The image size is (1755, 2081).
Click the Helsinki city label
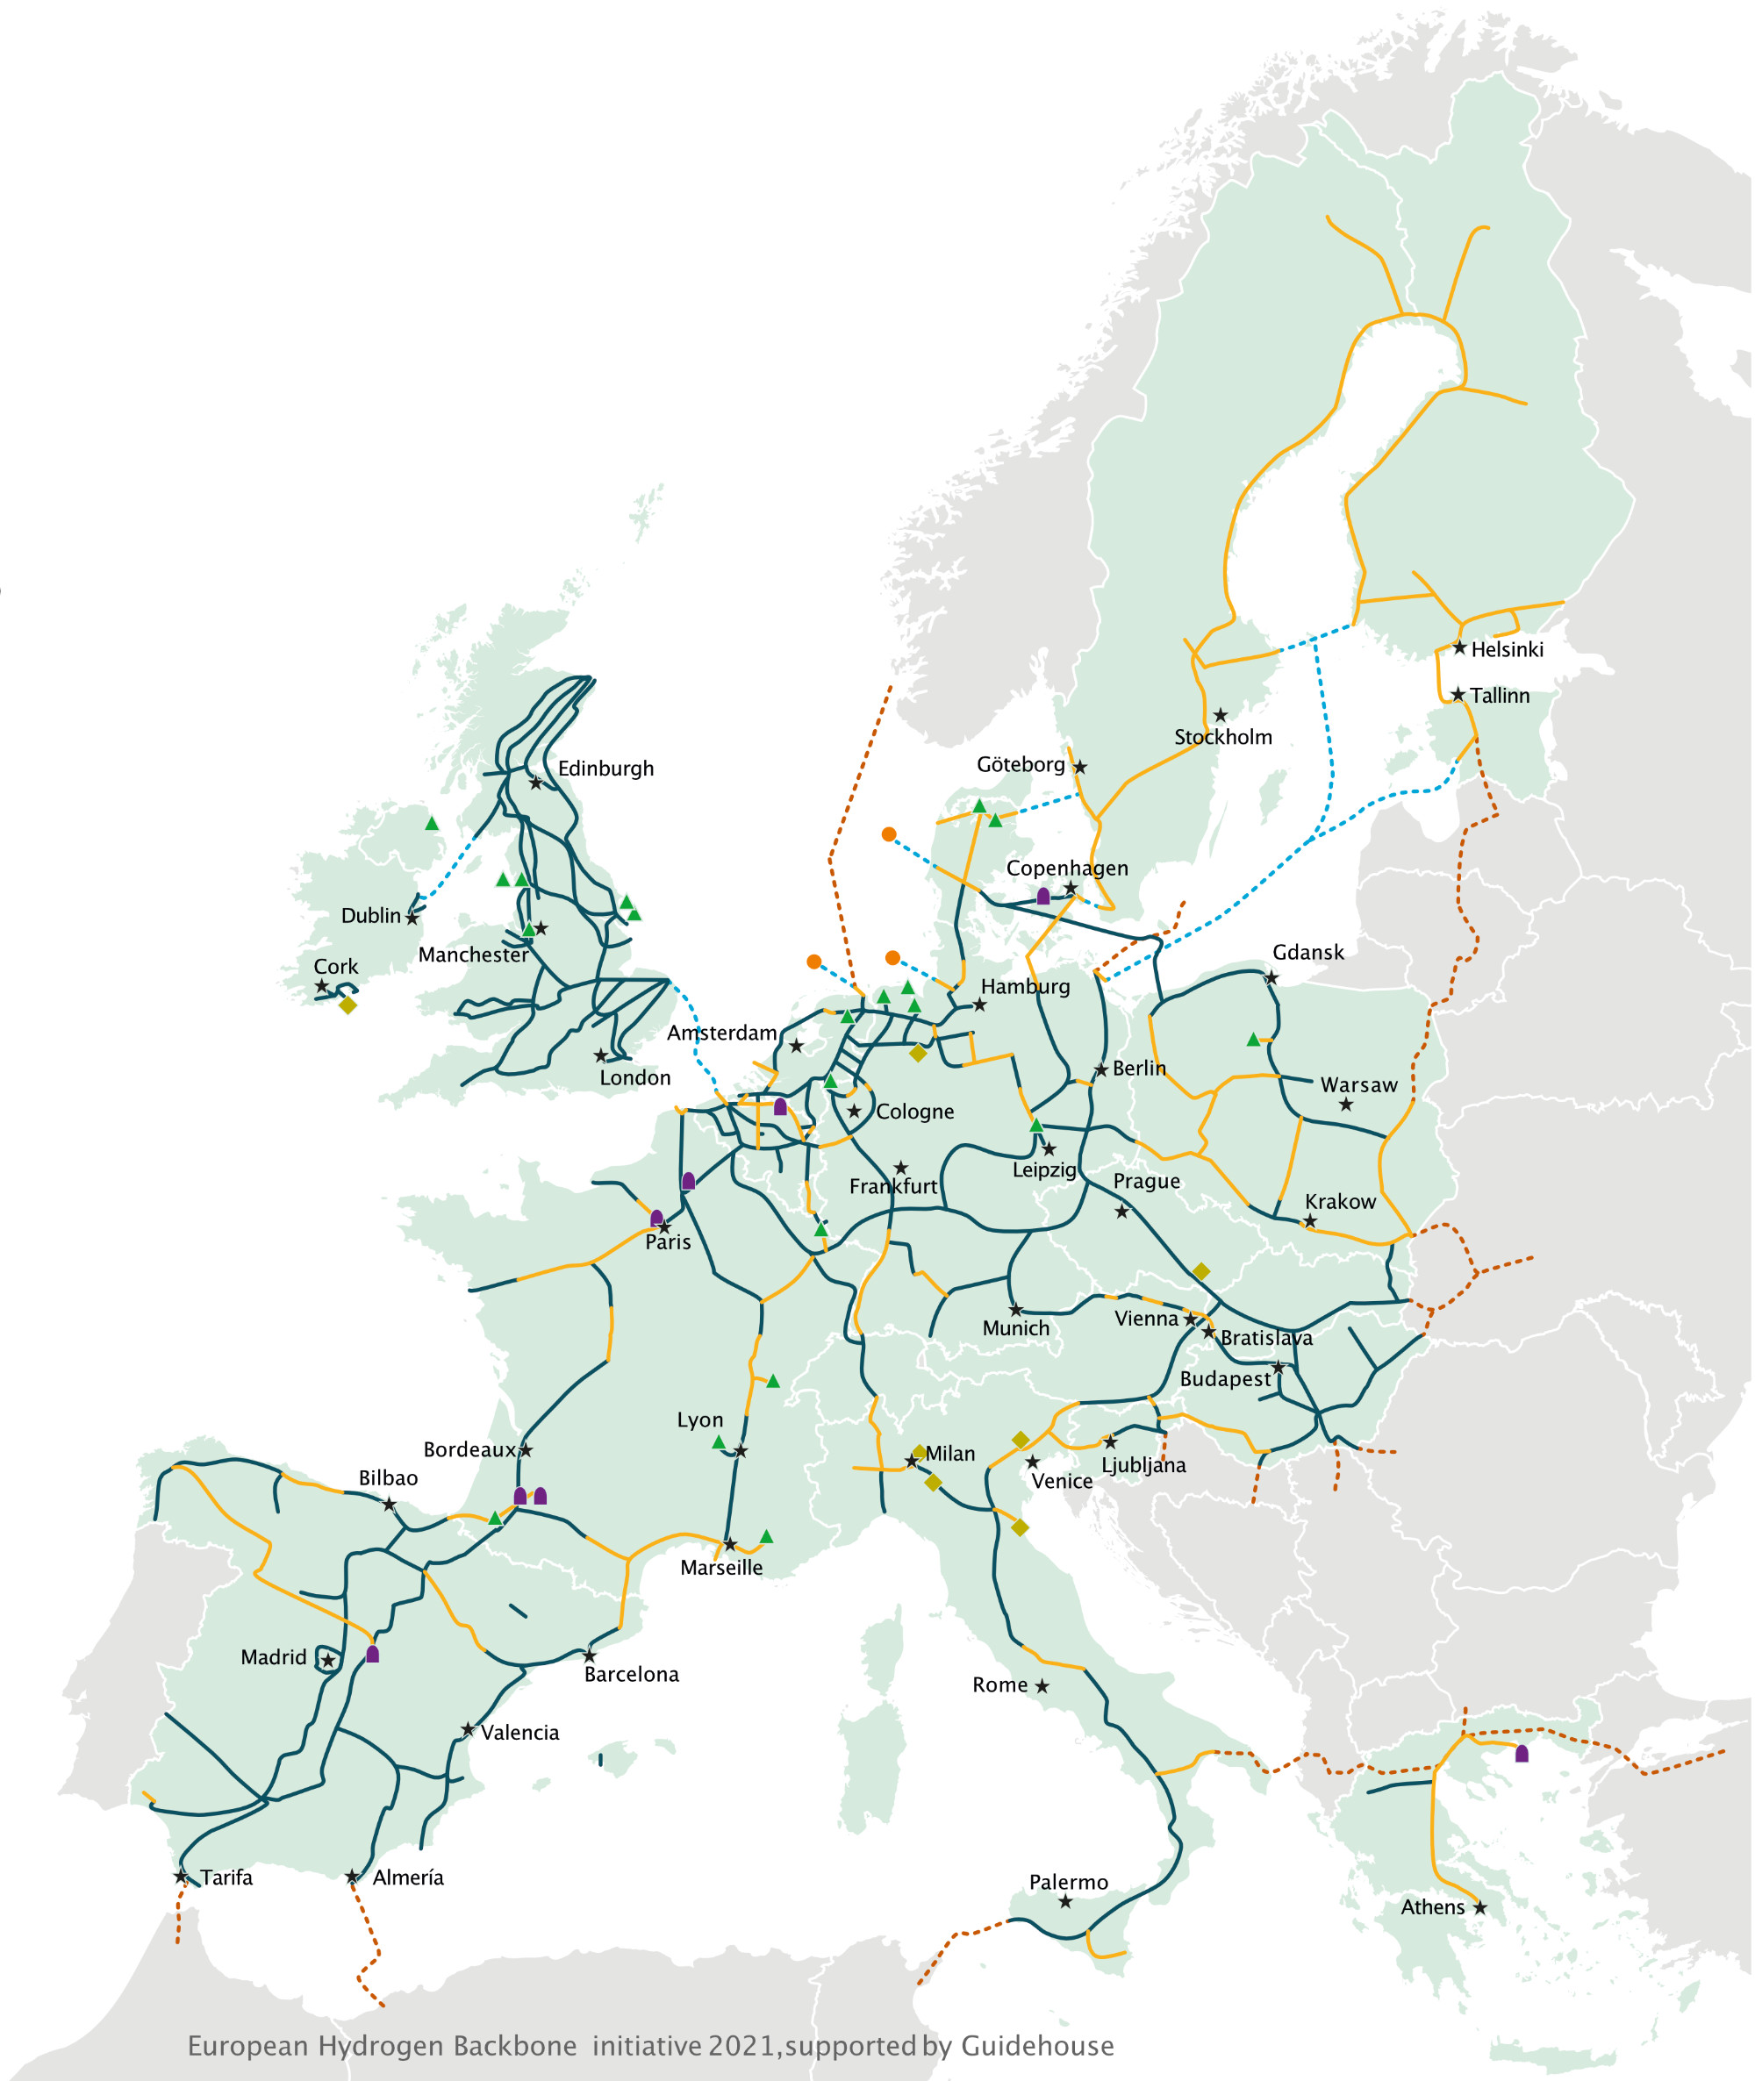pos(1507,649)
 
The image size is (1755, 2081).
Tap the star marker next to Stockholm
pos(1220,715)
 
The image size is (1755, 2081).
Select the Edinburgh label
pos(605,768)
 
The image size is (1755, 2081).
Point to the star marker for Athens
pos(1479,1907)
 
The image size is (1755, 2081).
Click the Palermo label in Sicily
pos(1068,1882)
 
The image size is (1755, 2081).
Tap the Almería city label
pos(408,1877)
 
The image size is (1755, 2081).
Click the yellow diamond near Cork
pos(347,1005)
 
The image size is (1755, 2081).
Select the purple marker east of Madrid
pos(372,1655)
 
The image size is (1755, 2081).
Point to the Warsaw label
pos(1358,1085)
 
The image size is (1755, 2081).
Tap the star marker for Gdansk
pos(1271,978)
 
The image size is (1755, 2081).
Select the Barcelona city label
pos(631,1674)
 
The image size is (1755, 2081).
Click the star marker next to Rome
pos(1042,1686)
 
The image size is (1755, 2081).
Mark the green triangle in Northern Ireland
pos(432,824)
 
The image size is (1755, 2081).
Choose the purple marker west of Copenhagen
pos(1042,897)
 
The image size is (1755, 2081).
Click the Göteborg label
pos(1020,764)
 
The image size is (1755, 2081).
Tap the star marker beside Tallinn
pos(1458,694)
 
